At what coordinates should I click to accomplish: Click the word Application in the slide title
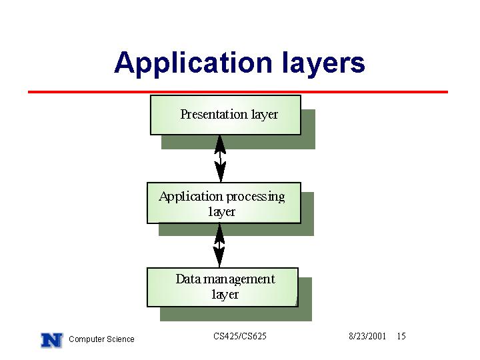click(x=193, y=63)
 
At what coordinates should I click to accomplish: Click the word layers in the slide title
click(x=323, y=63)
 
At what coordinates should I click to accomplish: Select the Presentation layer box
click(x=225, y=115)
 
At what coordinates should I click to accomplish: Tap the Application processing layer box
click(x=224, y=203)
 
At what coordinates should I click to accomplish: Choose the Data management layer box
click(x=223, y=287)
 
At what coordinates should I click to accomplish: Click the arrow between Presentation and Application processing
click(x=221, y=159)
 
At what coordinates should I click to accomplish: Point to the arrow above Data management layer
click(x=219, y=245)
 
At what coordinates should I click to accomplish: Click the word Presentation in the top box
click(x=214, y=114)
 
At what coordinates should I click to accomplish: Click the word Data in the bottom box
click(x=188, y=279)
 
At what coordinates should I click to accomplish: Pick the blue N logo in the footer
click(x=52, y=340)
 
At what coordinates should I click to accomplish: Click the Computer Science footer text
click(x=101, y=339)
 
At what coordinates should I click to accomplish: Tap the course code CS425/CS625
click(x=240, y=336)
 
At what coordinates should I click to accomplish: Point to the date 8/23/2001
click(x=367, y=336)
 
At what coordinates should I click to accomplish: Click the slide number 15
click(x=401, y=336)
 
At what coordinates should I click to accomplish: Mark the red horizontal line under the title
click(x=238, y=92)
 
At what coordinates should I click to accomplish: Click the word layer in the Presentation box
click(x=265, y=115)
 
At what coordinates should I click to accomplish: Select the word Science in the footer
click(x=120, y=339)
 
